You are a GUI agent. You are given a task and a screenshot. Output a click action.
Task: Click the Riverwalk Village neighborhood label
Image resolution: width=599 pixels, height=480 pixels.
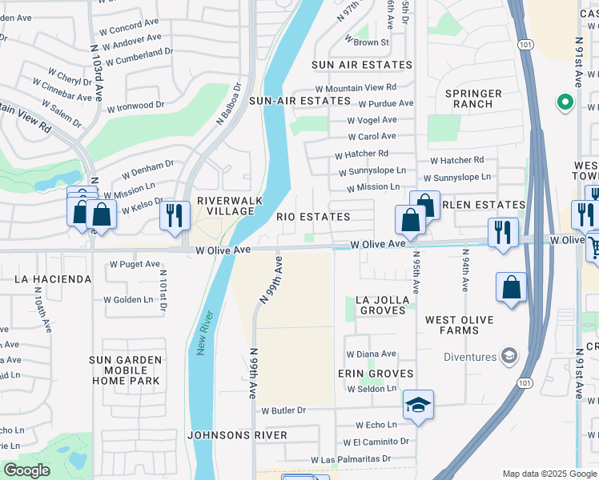[226, 206]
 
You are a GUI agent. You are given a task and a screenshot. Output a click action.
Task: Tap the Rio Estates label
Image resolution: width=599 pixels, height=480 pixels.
[313, 217]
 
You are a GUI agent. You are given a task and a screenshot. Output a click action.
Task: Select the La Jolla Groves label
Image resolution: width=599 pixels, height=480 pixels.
[384, 306]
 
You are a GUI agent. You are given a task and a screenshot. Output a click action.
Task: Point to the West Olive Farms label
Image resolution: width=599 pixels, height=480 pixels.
[464, 326]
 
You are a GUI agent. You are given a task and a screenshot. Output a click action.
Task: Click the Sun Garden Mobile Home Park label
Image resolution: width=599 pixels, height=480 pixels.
[126, 370]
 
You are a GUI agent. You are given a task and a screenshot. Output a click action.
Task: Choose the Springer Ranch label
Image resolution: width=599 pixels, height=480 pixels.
[478, 99]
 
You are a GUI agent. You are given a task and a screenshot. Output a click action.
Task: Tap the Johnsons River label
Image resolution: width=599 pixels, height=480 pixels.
[237, 435]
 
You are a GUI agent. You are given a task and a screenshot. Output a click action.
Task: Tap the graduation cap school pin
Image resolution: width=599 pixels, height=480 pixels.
[417, 406]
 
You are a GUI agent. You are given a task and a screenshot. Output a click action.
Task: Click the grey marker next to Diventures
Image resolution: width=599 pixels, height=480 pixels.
[507, 355]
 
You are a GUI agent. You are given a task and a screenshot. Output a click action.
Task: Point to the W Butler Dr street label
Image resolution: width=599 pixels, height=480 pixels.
[284, 410]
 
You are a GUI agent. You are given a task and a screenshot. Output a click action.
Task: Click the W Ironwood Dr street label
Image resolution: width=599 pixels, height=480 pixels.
[135, 106]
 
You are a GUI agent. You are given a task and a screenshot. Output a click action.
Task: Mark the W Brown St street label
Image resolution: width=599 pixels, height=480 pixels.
[371, 42]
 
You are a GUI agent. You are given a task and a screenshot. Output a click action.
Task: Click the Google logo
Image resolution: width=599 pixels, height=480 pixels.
[27, 470]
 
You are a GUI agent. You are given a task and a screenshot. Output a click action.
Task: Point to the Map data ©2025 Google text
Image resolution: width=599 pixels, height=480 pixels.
[549, 474]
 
